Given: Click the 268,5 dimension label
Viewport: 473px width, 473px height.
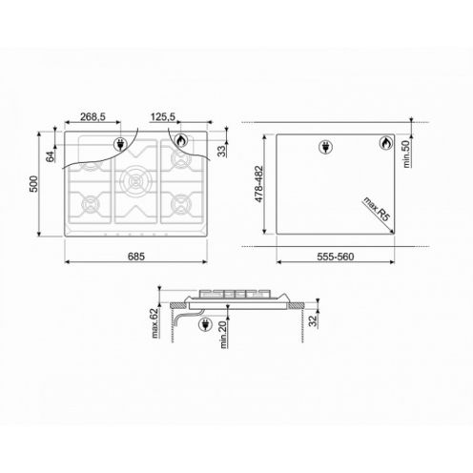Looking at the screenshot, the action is [93, 116].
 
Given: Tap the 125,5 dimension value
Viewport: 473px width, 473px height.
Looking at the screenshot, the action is [163, 116].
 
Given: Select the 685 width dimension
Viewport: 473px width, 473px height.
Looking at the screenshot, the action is [136, 257].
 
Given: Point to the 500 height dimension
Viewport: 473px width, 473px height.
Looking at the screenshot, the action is [33, 184].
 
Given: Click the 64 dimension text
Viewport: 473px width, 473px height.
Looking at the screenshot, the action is [51, 156].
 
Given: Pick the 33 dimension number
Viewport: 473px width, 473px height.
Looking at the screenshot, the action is [222, 151].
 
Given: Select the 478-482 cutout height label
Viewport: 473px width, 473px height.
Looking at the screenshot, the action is [258, 184].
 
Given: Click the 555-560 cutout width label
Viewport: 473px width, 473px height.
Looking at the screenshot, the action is [336, 257].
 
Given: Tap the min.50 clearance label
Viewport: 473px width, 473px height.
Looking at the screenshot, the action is [406, 154].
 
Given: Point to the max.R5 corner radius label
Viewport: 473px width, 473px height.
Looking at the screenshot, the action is [377, 209].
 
